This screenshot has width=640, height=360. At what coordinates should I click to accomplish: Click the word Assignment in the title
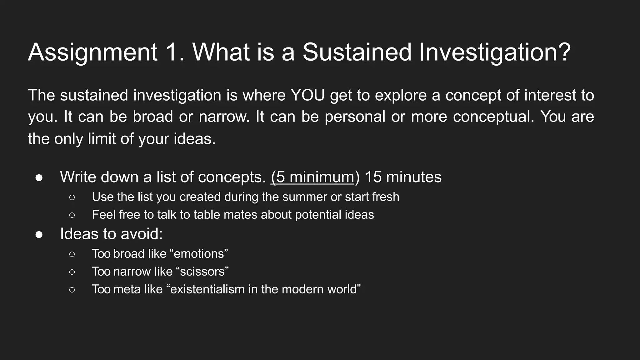(93, 52)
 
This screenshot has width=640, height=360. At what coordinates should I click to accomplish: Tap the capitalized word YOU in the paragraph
(308, 95)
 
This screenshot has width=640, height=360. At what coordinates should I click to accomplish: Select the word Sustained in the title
(357, 52)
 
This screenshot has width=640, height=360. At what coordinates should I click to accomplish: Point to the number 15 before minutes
(373, 177)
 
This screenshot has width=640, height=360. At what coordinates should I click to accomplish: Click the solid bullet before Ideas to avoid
(39, 234)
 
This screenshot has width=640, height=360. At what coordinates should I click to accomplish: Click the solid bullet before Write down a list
(39, 177)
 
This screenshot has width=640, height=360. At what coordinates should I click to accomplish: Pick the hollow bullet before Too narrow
(72, 272)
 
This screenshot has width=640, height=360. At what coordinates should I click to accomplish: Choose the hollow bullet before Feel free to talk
(72, 215)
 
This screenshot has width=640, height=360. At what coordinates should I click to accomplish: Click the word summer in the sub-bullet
(302, 197)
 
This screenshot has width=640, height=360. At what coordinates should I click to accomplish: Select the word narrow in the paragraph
(224, 117)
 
